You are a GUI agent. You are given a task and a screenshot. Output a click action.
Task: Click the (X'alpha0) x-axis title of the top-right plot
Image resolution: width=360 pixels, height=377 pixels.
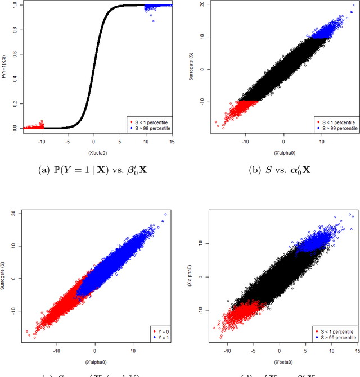(x=284, y=152)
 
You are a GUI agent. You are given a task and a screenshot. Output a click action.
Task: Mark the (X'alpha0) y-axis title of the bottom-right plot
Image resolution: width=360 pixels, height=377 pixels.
(x=193, y=275)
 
